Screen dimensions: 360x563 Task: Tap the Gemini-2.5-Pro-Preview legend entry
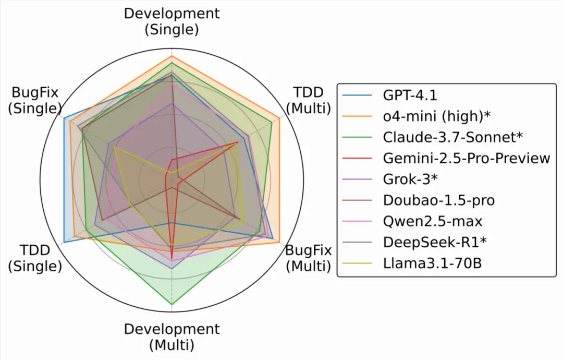467,158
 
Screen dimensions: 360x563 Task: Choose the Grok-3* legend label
410,179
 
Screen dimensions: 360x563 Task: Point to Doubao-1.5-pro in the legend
438,200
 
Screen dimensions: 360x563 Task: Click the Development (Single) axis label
172,21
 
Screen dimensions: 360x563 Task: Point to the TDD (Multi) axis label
308,100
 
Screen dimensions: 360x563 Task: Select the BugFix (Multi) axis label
308,258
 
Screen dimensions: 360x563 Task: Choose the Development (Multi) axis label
172,337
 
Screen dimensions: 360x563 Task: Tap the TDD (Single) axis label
35,258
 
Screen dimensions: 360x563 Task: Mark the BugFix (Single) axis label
35,100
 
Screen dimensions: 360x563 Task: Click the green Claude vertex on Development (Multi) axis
172,304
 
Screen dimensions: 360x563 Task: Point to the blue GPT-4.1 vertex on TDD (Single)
64,242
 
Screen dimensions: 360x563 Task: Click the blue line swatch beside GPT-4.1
359,96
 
